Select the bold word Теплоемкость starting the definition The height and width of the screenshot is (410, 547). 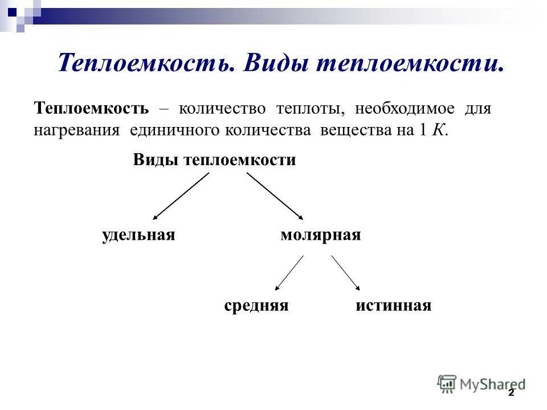coord(92,108)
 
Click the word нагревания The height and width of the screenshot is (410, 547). coord(76,130)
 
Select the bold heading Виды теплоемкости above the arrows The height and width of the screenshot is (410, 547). coord(215,160)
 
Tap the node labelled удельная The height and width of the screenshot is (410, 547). coord(138,235)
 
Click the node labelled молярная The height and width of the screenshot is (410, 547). coord(321,235)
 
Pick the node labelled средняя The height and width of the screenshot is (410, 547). coord(256,306)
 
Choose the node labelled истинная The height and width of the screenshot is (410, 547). coord(394,306)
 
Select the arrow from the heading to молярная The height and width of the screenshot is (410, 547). coord(275,196)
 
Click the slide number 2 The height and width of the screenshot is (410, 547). coord(511,393)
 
